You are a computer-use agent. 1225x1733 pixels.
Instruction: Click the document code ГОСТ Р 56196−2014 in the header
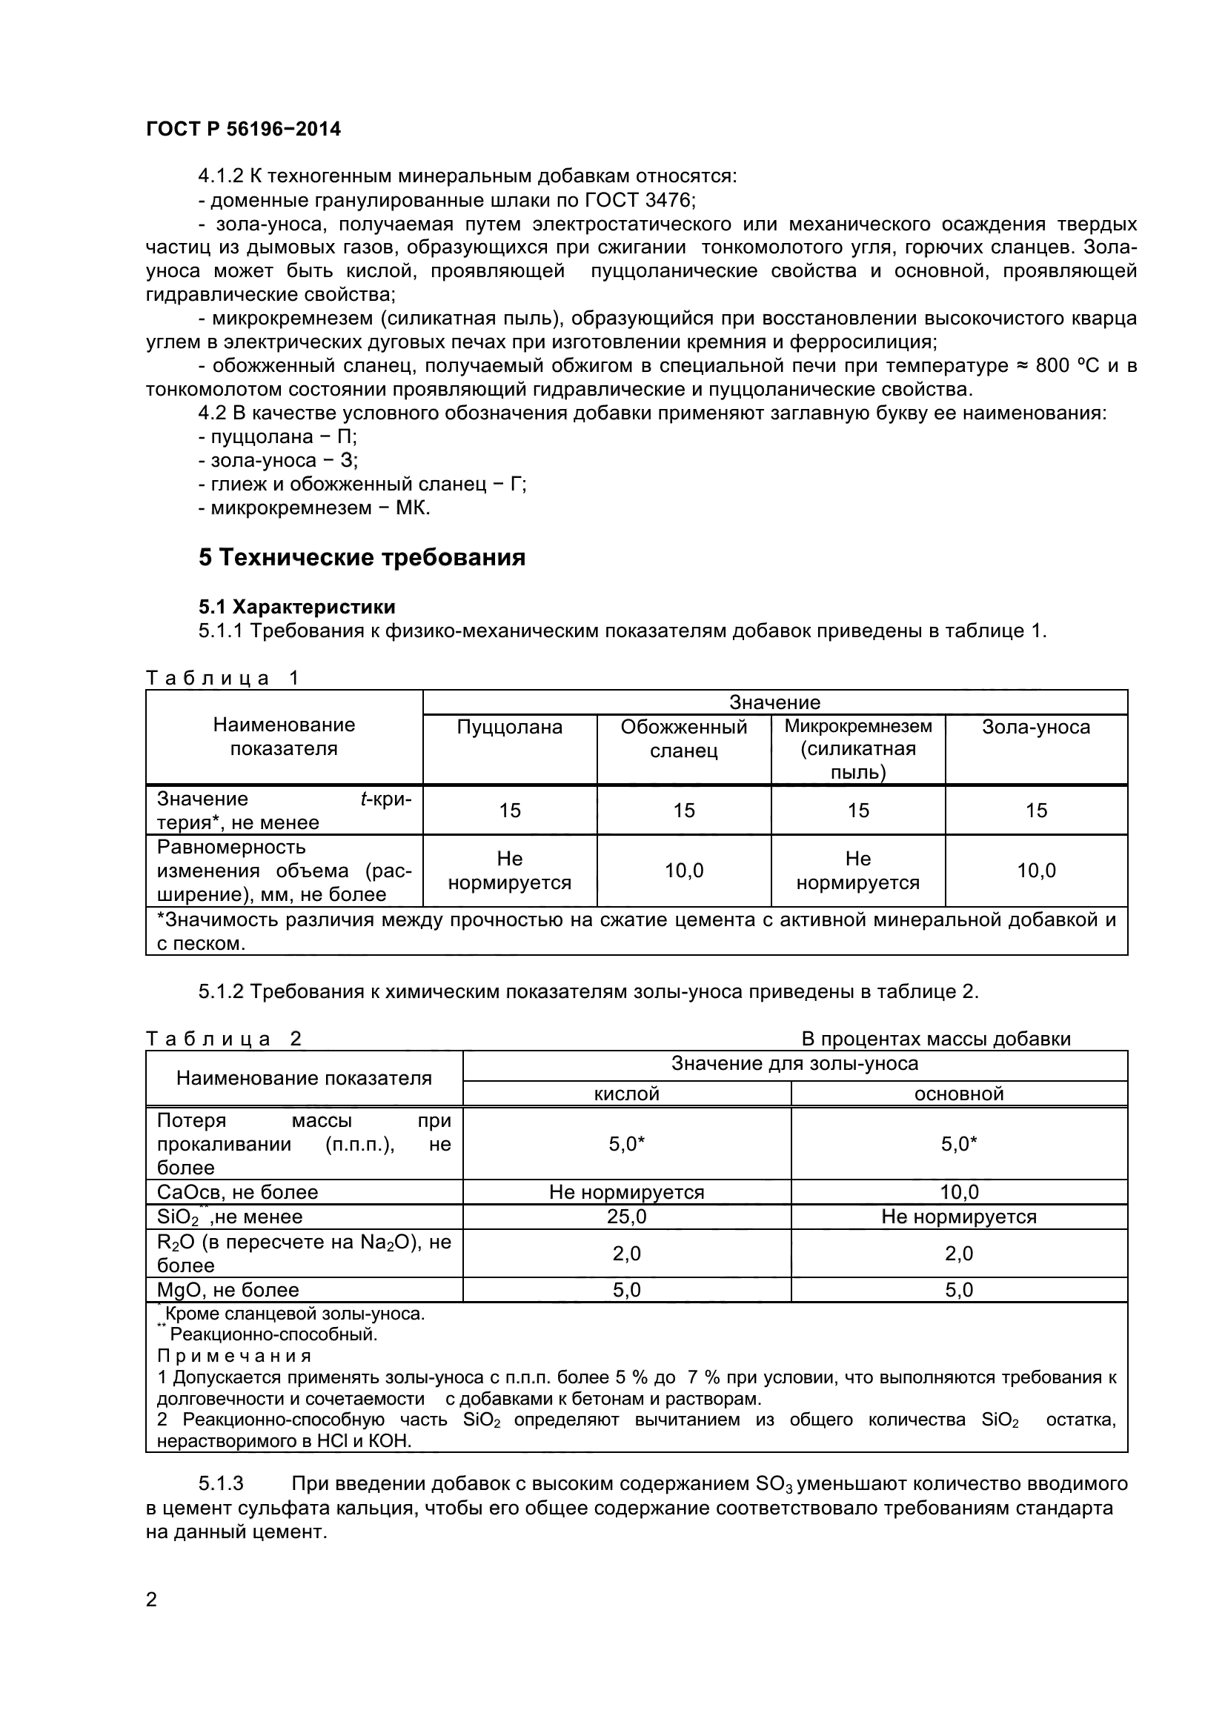click(x=243, y=129)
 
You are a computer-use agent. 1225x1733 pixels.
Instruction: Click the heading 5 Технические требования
click(x=362, y=558)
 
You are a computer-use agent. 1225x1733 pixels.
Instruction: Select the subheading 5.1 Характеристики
click(x=296, y=607)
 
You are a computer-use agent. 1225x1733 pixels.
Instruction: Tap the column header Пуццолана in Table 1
click(x=509, y=727)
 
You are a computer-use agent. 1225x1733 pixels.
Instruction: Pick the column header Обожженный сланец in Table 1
click(x=684, y=739)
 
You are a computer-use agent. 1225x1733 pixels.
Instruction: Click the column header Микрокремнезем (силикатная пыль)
click(x=858, y=749)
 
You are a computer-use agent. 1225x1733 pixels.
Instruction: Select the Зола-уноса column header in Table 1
click(x=1035, y=727)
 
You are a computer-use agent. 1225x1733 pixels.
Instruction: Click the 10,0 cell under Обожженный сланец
click(x=684, y=871)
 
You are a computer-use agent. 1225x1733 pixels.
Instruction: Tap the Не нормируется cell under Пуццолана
click(x=509, y=871)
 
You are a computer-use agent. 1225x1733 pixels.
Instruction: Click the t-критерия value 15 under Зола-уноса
click(x=1035, y=810)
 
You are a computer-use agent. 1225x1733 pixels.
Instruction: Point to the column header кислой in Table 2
click(x=626, y=1094)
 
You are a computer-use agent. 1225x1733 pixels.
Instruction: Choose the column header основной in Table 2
click(x=958, y=1094)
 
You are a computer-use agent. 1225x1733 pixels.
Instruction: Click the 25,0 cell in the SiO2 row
click(x=626, y=1216)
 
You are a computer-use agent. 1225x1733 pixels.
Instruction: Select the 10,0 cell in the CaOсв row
click(x=958, y=1192)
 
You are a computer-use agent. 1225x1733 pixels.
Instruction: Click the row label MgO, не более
click(x=228, y=1289)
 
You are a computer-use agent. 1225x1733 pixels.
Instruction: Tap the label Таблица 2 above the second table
click(x=223, y=1039)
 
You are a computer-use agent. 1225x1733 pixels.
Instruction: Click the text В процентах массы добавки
click(x=936, y=1039)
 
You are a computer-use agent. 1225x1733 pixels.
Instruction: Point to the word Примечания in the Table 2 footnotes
click(x=234, y=1357)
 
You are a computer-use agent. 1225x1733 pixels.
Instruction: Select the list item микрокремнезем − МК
click(x=314, y=508)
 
